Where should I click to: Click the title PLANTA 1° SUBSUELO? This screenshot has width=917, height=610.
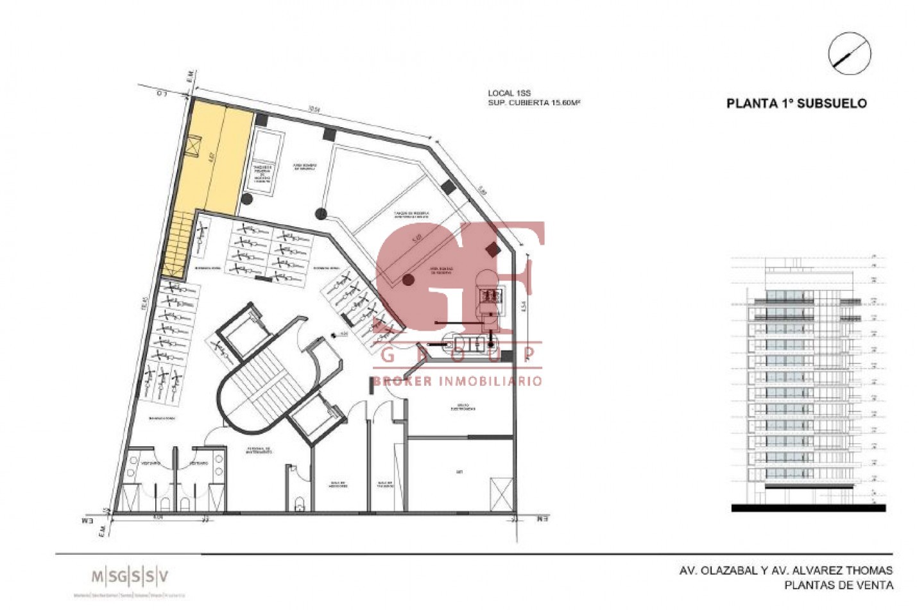[796, 103]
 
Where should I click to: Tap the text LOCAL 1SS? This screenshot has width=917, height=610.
[509, 94]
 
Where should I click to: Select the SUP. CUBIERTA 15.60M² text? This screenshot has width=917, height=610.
[534, 103]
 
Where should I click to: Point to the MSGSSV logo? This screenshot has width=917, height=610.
[130, 576]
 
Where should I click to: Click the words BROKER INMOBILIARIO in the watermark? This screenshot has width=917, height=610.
[458, 381]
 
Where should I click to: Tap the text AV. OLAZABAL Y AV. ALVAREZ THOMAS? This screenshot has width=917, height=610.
[785, 570]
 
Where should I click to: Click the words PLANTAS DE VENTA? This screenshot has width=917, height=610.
[838, 584]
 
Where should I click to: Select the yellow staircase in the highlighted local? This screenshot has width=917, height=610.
[177, 244]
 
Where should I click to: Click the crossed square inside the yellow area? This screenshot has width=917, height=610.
[191, 148]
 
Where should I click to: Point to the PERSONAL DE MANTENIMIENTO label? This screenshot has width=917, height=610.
[259, 450]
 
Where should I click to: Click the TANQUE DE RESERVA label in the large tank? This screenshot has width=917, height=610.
[411, 215]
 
